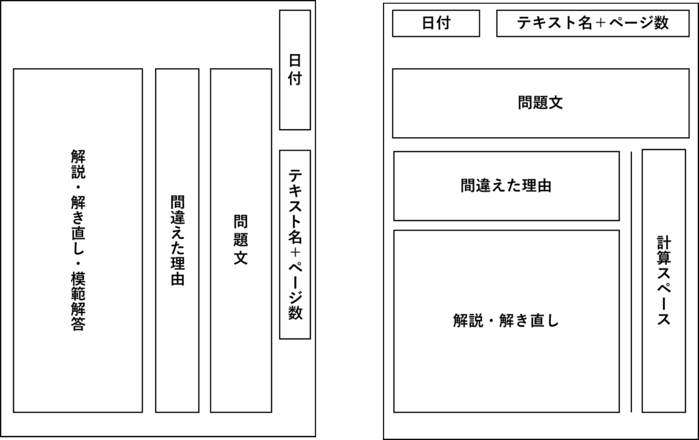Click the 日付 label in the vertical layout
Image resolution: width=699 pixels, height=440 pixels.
click(295, 70)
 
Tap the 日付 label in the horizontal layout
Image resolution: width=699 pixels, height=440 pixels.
click(436, 23)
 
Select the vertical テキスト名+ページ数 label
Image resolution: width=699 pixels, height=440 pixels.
click(295, 244)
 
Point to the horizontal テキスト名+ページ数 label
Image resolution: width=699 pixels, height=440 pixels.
click(593, 23)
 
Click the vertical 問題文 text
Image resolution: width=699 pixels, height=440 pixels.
click(241, 240)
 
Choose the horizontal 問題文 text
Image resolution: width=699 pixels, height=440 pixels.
click(541, 103)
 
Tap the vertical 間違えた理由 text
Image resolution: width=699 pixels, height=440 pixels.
click(177, 240)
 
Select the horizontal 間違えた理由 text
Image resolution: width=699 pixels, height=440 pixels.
click(506, 186)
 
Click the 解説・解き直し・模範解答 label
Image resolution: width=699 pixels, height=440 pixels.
click(78, 240)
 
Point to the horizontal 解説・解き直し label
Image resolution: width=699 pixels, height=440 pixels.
click(506, 321)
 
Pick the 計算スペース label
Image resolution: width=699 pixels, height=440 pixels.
click(664, 281)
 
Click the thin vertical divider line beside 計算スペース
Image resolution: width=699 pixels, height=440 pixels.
click(631, 282)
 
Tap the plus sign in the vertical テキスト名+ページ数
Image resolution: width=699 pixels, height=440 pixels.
click(295, 252)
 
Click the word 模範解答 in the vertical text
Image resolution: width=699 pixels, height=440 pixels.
click(78, 301)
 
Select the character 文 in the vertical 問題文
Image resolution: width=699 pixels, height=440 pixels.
click(241, 258)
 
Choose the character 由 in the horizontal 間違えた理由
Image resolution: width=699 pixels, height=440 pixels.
click(544, 186)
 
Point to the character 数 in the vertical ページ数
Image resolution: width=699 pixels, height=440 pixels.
click(295, 312)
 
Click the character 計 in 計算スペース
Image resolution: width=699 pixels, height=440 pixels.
click(664, 243)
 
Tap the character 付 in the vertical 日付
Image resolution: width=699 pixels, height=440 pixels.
click(295, 78)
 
